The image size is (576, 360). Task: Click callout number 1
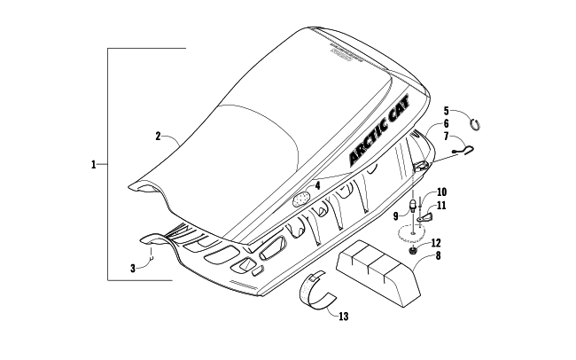pyautogui.click(x=93, y=164)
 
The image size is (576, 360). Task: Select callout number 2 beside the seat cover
pyautogui.click(x=157, y=136)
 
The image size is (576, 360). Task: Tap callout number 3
pyautogui.click(x=133, y=268)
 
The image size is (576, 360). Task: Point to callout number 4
pyautogui.click(x=316, y=186)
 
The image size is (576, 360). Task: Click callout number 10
pyautogui.click(x=441, y=192)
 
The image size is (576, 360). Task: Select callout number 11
pyautogui.click(x=441, y=206)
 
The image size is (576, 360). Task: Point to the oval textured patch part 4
pyautogui.click(x=304, y=198)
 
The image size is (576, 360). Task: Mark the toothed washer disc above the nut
pyautogui.click(x=410, y=235)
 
